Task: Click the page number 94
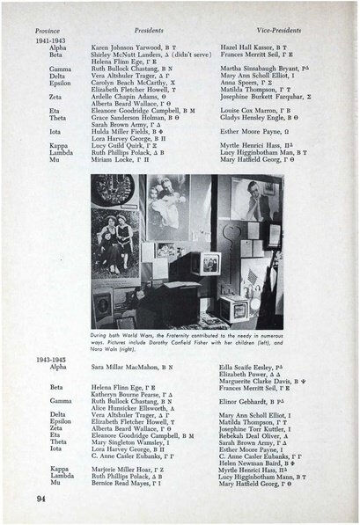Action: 41,499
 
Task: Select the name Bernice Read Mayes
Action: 124,484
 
